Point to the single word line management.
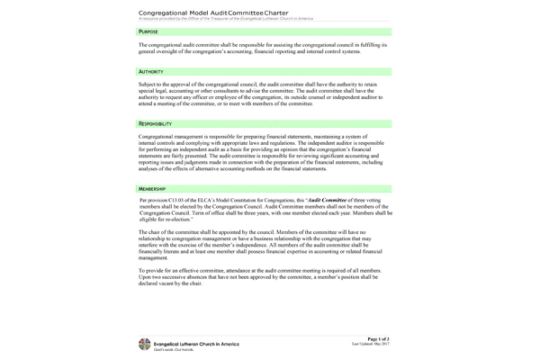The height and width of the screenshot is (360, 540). (x=157, y=256)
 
